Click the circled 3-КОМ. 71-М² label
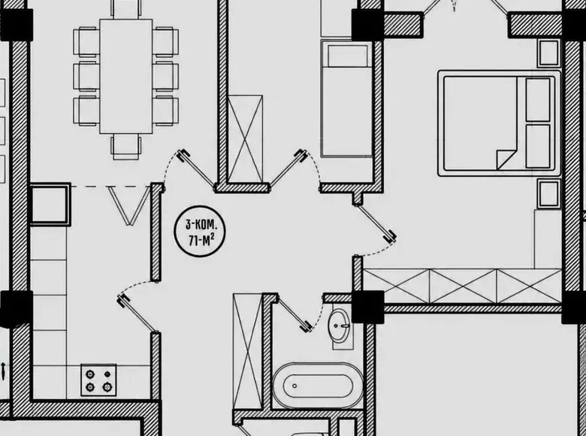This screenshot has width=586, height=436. [x=200, y=232]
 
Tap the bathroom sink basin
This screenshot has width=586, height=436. [x=340, y=325]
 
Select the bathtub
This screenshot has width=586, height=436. [x=318, y=386]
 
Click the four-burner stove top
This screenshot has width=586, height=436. [x=98, y=380]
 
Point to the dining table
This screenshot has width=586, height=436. [x=126, y=76]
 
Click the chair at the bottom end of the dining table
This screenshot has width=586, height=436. [x=126, y=147]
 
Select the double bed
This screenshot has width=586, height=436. [x=500, y=123]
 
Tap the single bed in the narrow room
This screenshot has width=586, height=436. [x=346, y=99]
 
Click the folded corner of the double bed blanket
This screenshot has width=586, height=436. [x=506, y=159]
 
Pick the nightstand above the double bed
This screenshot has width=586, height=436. [x=548, y=53]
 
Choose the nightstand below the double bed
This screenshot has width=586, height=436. [x=548, y=194]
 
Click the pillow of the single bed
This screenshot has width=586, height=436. [x=347, y=56]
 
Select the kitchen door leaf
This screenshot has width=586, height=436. [x=138, y=313]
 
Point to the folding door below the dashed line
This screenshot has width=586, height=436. [x=129, y=206]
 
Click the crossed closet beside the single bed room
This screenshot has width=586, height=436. [x=245, y=139]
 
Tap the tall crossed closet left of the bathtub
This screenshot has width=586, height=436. [x=247, y=351]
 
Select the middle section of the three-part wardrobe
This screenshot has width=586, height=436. [x=463, y=286]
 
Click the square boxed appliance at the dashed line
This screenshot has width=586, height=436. [x=50, y=204]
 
